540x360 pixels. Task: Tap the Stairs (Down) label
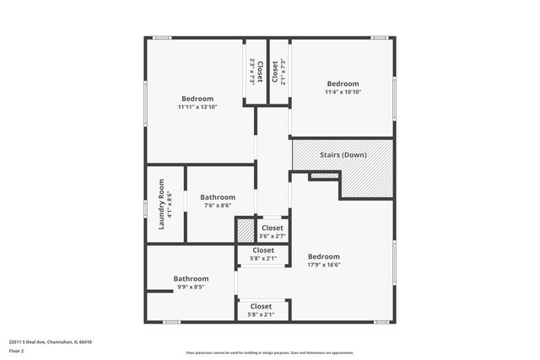point(343,155)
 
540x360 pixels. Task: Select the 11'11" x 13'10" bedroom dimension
point(197,107)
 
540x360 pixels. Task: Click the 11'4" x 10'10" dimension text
point(343,92)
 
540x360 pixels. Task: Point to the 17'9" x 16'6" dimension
point(324,265)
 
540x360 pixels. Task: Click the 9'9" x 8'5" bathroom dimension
point(191,287)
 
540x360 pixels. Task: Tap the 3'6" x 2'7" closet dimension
point(272,236)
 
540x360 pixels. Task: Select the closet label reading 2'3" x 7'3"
point(251,71)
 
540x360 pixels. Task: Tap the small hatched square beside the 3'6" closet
point(245,230)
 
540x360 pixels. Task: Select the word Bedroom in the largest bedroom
point(324,256)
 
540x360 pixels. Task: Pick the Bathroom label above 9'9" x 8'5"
point(191,278)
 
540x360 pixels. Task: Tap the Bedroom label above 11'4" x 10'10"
point(343,83)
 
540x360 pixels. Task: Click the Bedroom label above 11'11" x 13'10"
point(197,99)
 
